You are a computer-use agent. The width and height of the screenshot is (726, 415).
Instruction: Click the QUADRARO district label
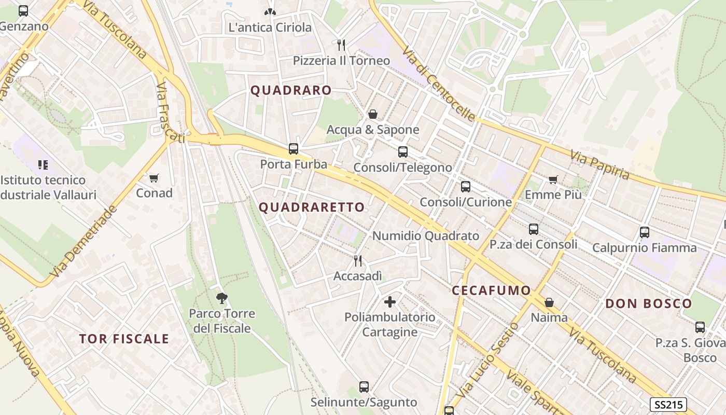[x=291, y=90]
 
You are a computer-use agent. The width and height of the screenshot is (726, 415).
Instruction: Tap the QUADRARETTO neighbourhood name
[x=312, y=208]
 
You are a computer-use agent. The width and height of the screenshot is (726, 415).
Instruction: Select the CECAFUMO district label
[x=491, y=290]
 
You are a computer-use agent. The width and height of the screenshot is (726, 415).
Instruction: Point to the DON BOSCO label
[x=649, y=303]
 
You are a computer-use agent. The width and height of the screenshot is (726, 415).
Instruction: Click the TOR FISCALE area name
[x=124, y=339]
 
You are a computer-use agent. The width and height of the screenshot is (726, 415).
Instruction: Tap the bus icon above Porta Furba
[x=294, y=149]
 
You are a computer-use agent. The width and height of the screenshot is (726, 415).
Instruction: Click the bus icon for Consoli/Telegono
[x=403, y=152]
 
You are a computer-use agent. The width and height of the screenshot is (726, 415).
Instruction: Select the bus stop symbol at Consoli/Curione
[x=466, y=187]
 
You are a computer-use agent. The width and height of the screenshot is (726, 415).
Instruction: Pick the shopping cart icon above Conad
[x=153, y=178]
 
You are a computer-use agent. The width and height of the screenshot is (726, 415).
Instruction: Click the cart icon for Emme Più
[x=553, y=179]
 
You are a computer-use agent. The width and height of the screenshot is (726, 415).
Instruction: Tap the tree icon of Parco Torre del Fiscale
[x=222, y=298]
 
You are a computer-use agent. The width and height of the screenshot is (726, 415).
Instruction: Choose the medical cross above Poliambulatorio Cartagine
[x=390, y=301]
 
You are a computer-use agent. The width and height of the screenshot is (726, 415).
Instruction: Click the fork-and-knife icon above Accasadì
[x=358, y=260]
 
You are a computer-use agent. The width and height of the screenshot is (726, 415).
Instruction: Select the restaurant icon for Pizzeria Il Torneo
[x=341, y=45]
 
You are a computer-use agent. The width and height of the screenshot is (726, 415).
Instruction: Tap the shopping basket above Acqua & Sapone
[x=372, y=114]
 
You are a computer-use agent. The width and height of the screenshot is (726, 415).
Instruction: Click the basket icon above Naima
[x=549, y=302]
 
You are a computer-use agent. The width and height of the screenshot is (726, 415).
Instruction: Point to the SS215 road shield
[x=668, y=405]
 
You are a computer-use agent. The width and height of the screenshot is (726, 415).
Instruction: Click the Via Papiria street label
[x=600, y=164]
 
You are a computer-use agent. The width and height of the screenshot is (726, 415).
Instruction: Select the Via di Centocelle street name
[x=438, y=84]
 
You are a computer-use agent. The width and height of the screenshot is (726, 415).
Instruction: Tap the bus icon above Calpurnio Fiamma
[x=645, y=232]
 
